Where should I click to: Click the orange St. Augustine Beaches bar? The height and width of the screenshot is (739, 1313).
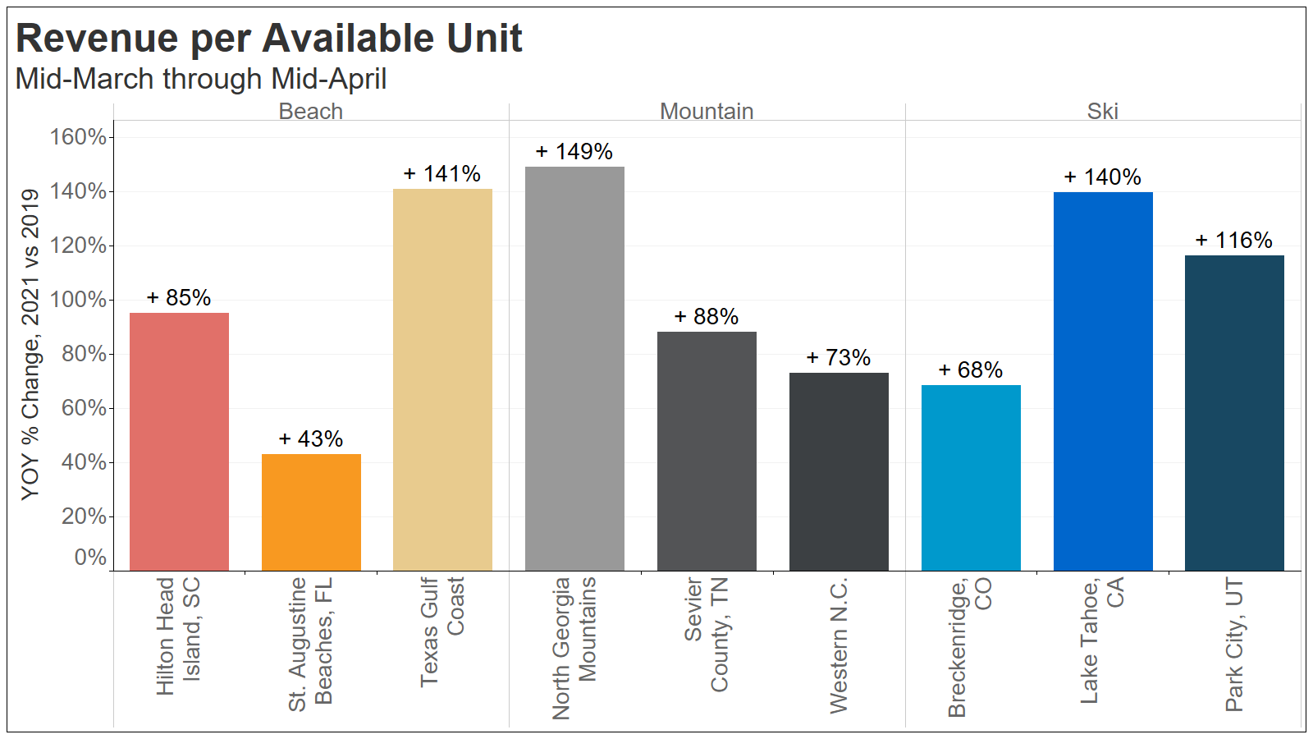pos(311,512)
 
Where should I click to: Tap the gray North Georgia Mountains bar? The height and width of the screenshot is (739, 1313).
pos(574,369)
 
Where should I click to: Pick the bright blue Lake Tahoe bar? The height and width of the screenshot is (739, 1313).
pos(1103,381)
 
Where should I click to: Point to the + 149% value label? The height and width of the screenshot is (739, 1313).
pos(574,152)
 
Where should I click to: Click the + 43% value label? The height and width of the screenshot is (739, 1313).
pos(311,439)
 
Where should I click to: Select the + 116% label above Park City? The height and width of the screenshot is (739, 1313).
pos(1233,241)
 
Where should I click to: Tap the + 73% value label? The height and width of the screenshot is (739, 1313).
pos(838,358)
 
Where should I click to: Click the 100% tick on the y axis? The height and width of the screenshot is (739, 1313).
pos(79,300)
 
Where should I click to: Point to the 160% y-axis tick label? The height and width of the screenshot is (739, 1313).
pos(79,137)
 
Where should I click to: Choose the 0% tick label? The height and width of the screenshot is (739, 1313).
pos(90,558)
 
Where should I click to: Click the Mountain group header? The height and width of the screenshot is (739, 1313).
pos(707,112)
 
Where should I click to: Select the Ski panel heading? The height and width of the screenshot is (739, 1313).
pos(1102,112)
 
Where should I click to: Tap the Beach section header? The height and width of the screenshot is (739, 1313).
pos(310,112)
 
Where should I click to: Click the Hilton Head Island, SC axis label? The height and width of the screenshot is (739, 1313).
pos(178,636)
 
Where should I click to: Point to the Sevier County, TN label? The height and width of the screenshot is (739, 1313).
pos(706,635)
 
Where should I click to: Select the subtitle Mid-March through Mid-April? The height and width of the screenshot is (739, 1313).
pos(201,79)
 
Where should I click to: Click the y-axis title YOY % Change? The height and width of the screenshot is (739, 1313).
pos(30,345)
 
